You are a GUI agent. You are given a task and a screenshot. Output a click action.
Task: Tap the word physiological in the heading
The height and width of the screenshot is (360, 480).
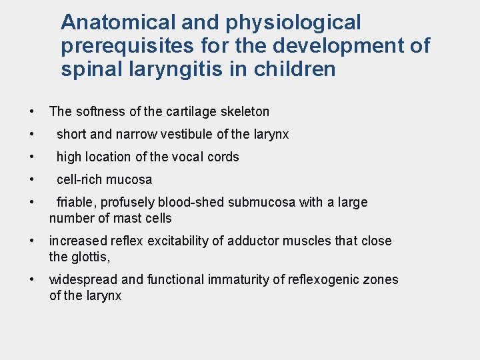click(x=293, y=23)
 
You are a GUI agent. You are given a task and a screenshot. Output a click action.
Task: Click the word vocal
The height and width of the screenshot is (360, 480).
click(x=189, y=157)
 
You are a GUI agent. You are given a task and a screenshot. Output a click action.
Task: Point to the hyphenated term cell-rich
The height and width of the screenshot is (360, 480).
click(x=79, y=179)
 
